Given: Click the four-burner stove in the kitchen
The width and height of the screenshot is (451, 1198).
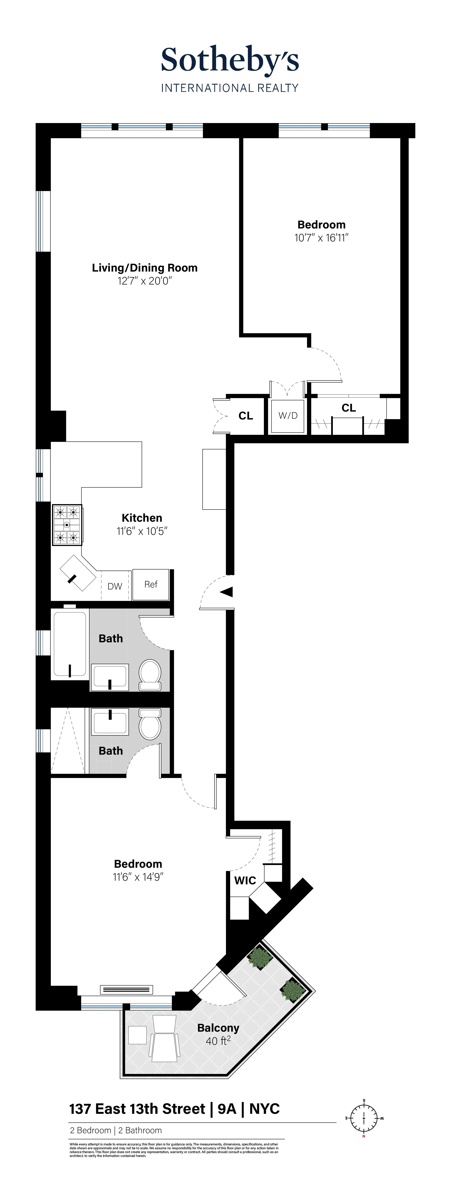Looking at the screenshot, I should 67,525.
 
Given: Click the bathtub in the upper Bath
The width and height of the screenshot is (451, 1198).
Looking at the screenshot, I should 70,644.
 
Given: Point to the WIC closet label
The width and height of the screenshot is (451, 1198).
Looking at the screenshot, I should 245,880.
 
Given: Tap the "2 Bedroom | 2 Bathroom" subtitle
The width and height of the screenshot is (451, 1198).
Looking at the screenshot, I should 116,1130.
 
